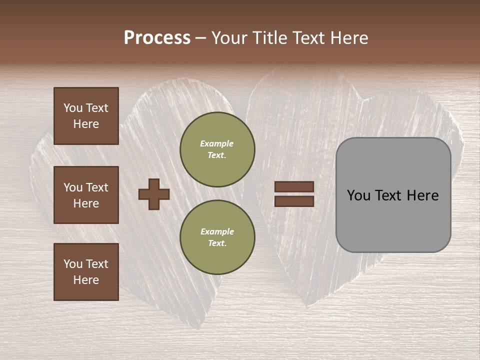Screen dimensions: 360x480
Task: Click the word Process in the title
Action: point(157,38)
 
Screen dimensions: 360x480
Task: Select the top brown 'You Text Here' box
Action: point(86,116)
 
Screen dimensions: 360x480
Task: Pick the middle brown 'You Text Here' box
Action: point(86,195)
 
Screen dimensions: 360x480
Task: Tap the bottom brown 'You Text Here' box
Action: point(86,271)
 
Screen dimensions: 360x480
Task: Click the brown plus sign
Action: point(154,194)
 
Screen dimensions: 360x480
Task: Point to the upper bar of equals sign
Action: point(294,187)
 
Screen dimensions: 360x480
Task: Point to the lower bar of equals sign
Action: point(294,201)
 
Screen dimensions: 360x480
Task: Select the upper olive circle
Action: point(217,149)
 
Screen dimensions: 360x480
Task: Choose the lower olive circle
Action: point(217,237)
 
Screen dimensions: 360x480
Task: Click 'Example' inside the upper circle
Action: point(216,143)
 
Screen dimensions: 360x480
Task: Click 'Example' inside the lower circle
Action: point(217,231)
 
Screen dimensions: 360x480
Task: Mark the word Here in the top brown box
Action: point(86,124)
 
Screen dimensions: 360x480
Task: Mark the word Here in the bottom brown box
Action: point(86,280)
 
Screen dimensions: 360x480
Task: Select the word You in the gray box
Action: point(358,195)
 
